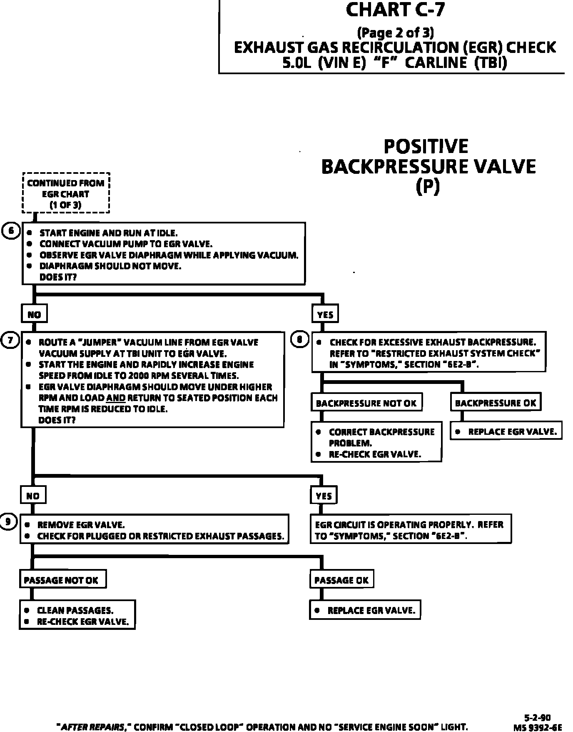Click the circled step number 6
(x=11, y=231)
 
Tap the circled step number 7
(x=10, y=340)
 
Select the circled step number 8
(x=300, y=339)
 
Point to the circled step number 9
(x=9, y=521)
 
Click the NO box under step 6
(x=34, y=314)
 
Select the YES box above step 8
(x=325, y=314)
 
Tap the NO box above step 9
(x=33, y=496)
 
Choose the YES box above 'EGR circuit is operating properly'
(x=324, y=496)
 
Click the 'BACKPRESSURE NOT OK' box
(x=366, y=403)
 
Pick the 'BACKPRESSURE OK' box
(x=496, y=403)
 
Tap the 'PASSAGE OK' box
(x=341, y=580)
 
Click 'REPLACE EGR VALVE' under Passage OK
(x=365, y=610)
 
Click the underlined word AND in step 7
(x=116, y=398)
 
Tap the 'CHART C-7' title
(x=395, y=10)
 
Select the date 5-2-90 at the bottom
(x=537, y=717)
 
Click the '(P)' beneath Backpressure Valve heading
(x=428, y=187)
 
